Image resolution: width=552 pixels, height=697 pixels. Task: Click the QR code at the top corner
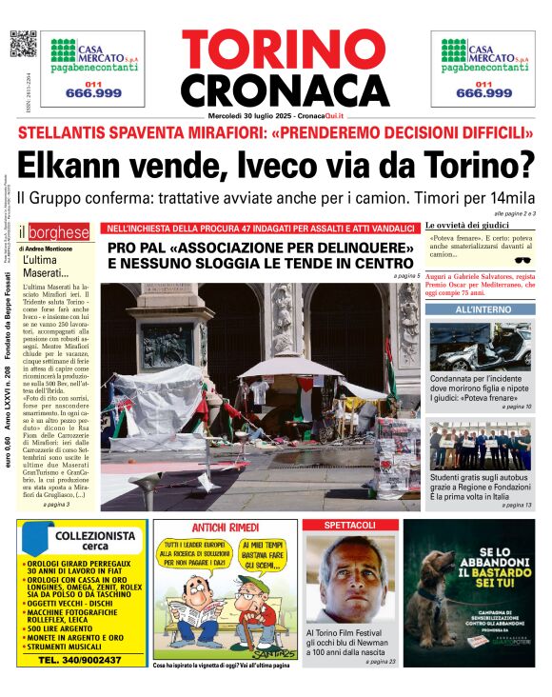tap(23, 44)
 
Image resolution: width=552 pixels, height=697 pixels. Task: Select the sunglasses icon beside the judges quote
tap(521, 258)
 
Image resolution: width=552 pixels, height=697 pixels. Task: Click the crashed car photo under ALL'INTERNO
tap(480, 347)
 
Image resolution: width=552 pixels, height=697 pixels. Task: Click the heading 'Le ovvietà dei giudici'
tap(467, 225)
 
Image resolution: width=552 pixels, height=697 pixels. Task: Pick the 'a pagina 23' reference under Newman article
tap(380, 660)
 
